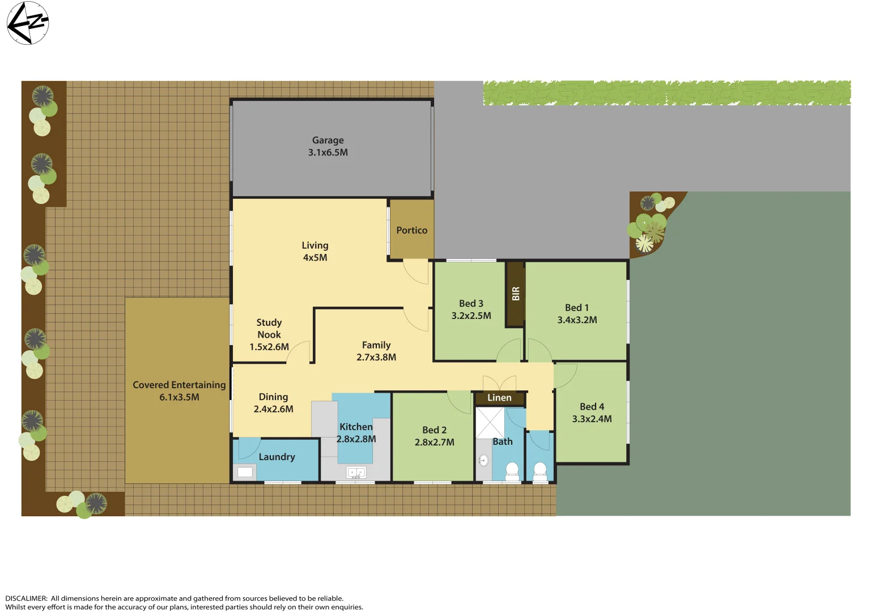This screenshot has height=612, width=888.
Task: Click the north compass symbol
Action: [27, 23]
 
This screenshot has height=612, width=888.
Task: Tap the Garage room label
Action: [328, 140]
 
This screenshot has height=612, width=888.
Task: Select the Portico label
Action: [411, 230]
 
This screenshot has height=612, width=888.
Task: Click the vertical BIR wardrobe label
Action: [515, 294]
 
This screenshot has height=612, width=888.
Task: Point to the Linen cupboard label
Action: [499, 398]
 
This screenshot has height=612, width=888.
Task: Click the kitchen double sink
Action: [356, 472]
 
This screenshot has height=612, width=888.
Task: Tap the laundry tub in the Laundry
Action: [245, 471]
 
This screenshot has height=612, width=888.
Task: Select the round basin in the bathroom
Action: [483, 460]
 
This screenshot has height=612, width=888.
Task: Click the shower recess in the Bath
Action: [489, 422]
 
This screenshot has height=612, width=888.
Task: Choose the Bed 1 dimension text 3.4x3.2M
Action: [577, 320]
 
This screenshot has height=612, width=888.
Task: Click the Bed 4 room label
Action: [592, 406]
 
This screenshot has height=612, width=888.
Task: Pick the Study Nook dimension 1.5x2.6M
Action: [269, 347]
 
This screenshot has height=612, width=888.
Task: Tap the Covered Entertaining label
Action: [179, 385]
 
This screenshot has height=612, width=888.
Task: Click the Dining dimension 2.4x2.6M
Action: [273, 409]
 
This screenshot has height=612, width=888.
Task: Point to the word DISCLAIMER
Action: [26, 598]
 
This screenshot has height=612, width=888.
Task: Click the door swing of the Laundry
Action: [248, 448]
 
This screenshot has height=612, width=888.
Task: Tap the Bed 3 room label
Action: [471, 303]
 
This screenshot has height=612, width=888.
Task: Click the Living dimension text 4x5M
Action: [315, 257]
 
